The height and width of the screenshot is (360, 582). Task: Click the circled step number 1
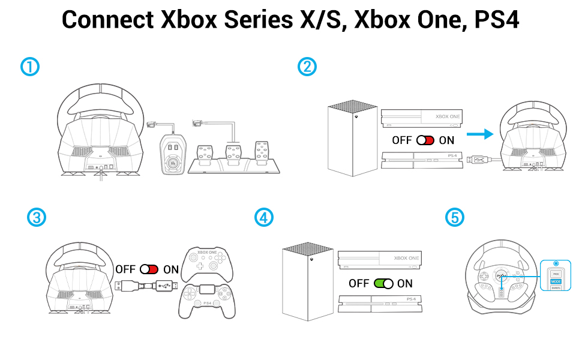[30, 67]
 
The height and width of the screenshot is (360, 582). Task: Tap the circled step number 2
[307, 67]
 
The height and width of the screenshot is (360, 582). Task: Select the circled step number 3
[37, 217]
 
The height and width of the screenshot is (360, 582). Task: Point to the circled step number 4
[263, 217]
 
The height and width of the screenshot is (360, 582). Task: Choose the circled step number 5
[455, 217]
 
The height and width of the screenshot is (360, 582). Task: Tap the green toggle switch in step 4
[383, 283]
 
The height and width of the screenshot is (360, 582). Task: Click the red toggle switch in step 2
[425, 140]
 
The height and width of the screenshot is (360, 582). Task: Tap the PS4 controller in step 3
[207, 300]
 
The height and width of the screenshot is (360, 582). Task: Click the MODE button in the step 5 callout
[556, 280]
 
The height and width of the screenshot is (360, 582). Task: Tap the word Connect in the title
[107, 20]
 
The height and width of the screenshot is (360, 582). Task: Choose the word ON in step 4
[405, 283]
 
